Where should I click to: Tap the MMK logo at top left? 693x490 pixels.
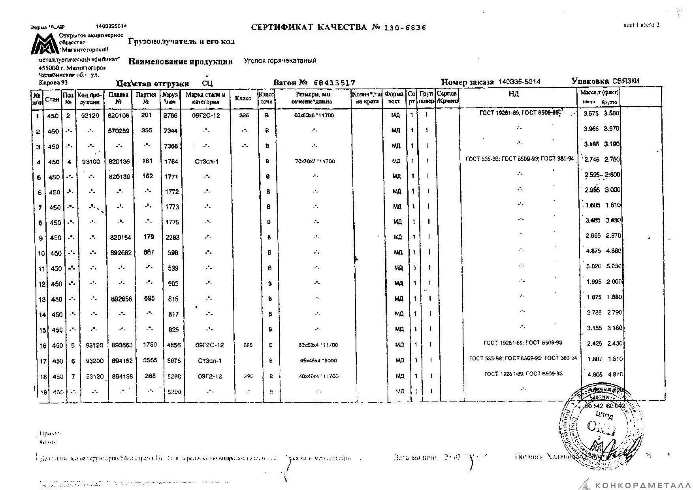(x=45, y=44)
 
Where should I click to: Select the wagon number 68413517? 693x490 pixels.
(x=334, y=83)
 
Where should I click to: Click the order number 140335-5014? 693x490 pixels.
(x=519, y=82)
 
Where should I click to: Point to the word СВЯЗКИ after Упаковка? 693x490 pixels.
(x=626, y=81)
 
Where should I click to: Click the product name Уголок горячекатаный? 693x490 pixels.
(x=280, y=61)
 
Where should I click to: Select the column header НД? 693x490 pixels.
(x=514, y=94)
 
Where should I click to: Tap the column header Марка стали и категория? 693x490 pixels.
(x=205, y=98)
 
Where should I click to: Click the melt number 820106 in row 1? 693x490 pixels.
(x=119, y=116)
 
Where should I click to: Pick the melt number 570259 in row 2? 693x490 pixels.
(x=119, y=131)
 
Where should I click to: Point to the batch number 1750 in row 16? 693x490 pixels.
(x=150, y=345)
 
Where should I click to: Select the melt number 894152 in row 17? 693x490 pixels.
(x=119, y=360)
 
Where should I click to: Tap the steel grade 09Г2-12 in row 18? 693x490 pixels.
(x=210, y=376)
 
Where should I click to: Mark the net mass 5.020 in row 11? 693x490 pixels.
(x=593, y=266)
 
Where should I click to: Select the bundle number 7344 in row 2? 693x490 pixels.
(x=171, y=131)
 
